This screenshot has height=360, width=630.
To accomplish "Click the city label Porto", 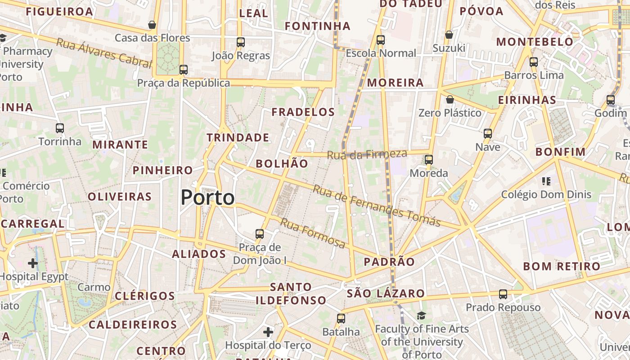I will (207, 198).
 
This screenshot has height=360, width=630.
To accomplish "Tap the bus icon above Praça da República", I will (183, 70).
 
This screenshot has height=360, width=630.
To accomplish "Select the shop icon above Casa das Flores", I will (152, 25).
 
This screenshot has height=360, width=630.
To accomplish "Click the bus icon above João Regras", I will (241, 42).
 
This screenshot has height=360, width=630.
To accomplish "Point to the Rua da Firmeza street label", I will (367, 154).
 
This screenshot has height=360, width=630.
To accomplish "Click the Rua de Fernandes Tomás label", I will (376, 206).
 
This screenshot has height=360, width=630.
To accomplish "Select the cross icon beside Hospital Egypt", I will (33, 263).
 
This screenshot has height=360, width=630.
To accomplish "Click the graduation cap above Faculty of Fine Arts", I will (421, 315).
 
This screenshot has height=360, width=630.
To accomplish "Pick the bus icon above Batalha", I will (341, 319).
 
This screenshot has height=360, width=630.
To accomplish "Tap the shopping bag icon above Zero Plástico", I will (450, 99).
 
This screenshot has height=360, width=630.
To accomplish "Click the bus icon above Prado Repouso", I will (503, 294).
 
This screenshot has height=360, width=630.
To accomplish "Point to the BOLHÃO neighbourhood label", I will (282, 163).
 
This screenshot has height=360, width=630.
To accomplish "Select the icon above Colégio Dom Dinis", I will (546, 181).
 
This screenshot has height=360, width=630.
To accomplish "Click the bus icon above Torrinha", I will (60, 128).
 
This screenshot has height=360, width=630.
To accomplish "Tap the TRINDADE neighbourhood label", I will (238, 138).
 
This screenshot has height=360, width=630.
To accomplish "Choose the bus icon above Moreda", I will (429, 160).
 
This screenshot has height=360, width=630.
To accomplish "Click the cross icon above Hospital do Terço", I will (268, 332).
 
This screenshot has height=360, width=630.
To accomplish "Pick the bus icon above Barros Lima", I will (534, 62).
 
